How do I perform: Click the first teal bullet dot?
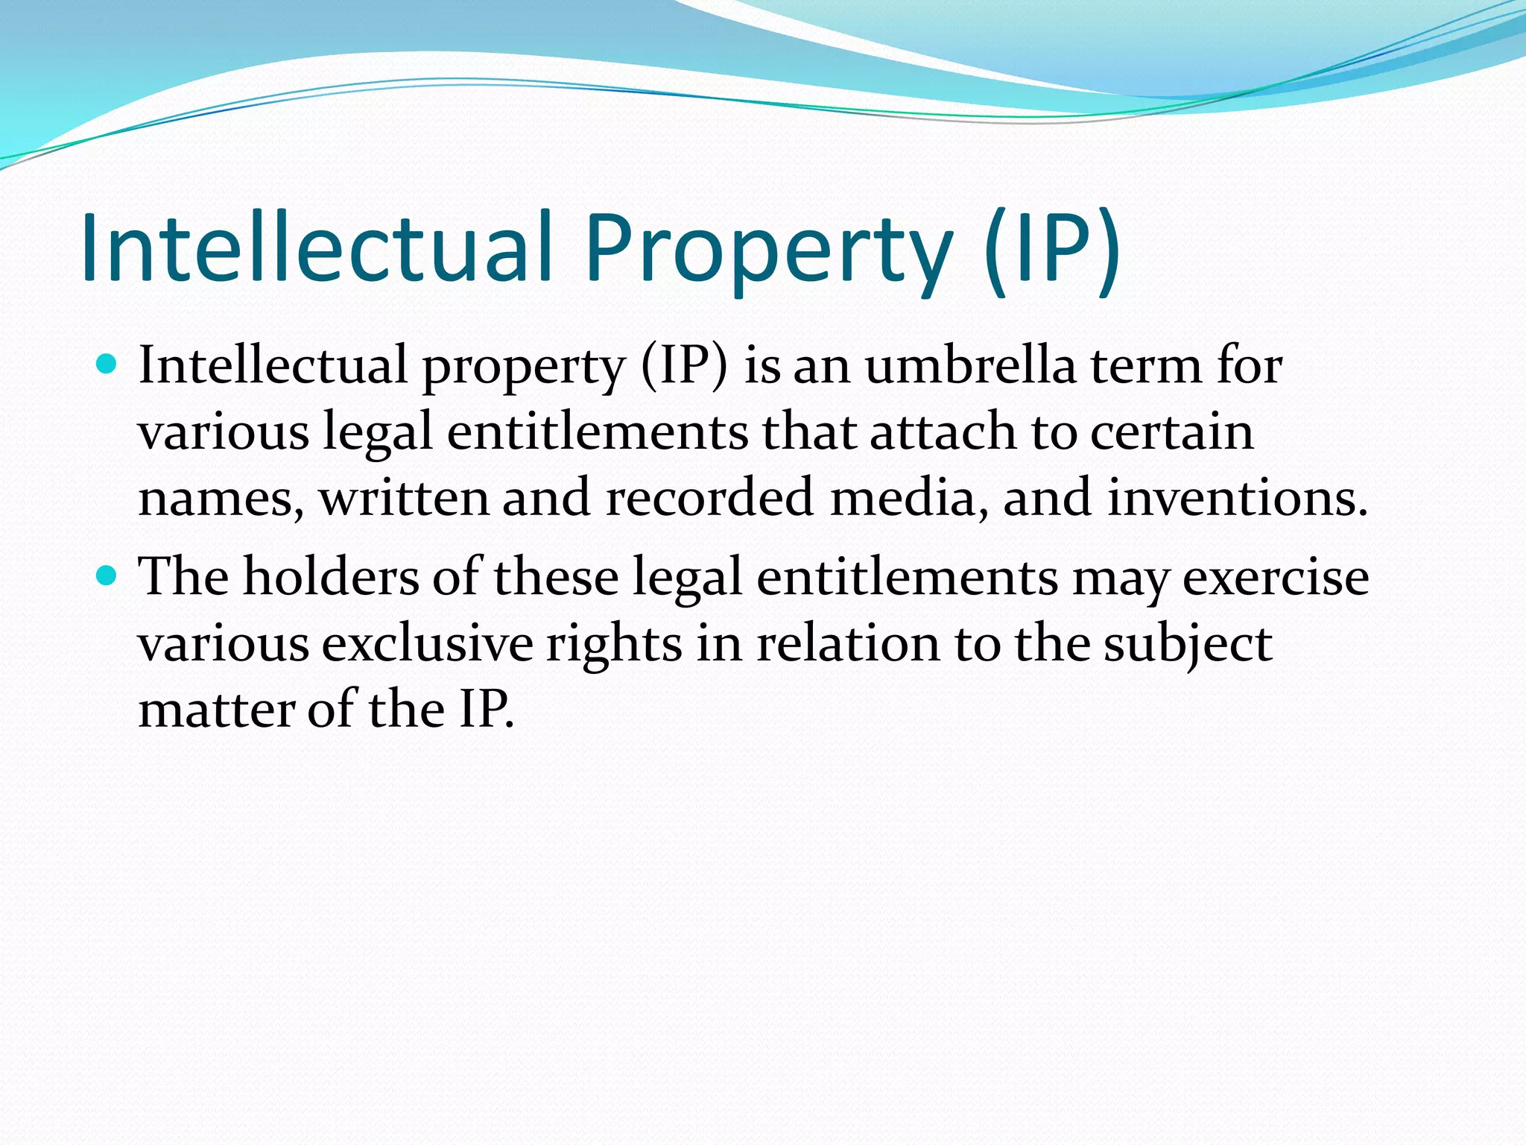(x=107, y=365)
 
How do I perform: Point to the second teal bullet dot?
(x=107, y=576)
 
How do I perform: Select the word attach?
(x=943, y=432)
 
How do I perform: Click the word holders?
(x=331, y=577)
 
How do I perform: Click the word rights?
(x=614, y=643)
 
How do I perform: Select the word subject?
(x=1188, y=643)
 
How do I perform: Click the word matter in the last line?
(x=216, y=709)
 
